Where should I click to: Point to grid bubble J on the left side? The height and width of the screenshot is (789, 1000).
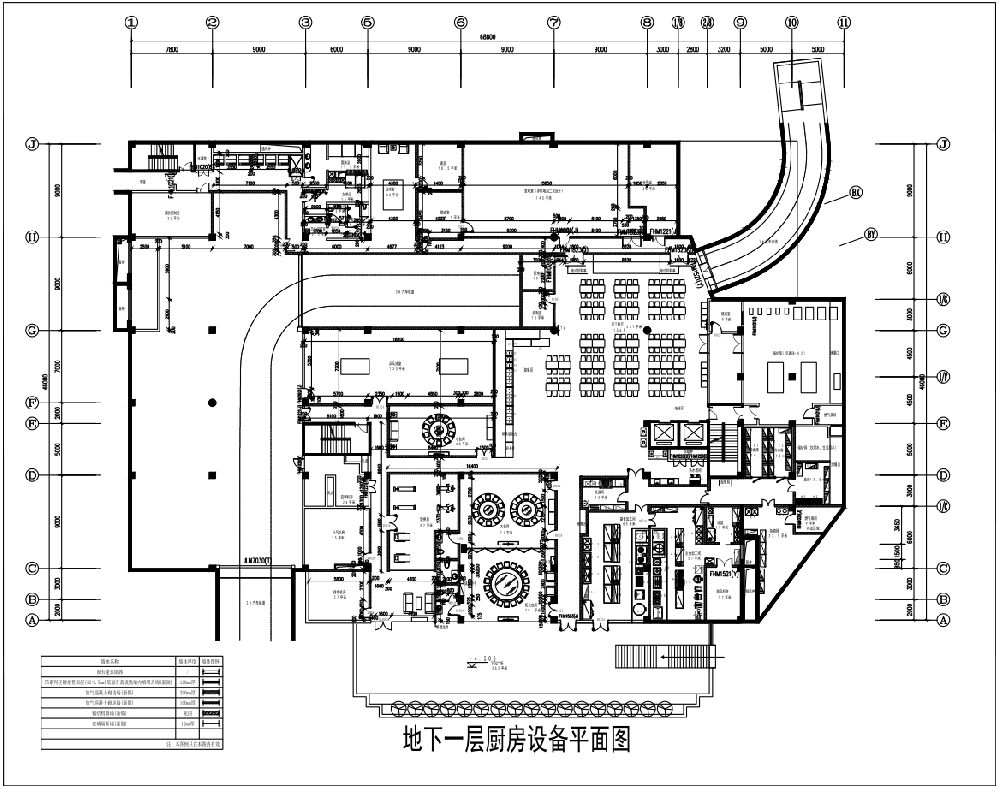coord(32,144)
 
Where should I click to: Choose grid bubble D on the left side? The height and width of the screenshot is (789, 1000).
coord(32,475)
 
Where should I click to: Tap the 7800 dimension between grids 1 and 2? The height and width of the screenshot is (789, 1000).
coord(171,48)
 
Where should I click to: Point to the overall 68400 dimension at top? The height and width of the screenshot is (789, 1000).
coord(488,37)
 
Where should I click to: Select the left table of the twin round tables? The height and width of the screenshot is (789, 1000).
coord(486,508)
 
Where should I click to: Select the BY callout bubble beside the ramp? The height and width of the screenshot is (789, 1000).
coord(870,236)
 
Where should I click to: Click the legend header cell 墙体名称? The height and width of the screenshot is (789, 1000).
coord(109,661)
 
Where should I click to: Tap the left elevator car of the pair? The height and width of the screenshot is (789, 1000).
coord(662,433)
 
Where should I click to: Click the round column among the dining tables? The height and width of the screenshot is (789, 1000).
coord(646,329)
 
